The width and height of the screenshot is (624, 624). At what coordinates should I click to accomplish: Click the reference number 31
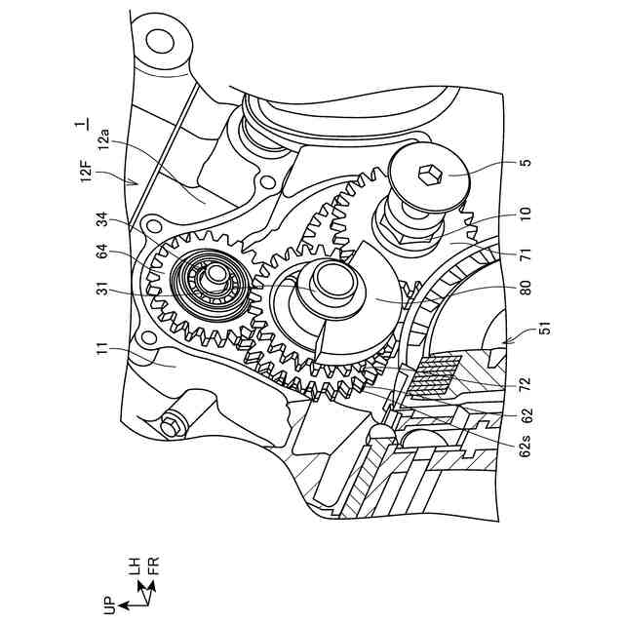(x=104, y=289)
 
